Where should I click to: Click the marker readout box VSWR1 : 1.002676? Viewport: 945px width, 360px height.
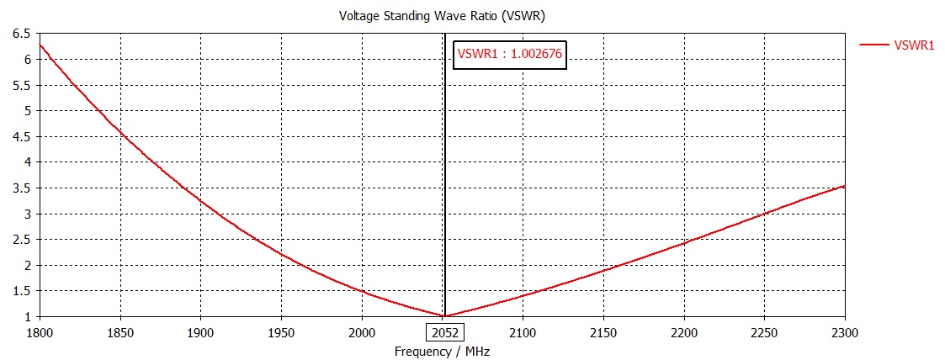(509, 55)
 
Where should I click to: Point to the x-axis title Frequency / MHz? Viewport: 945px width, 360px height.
(441, 351)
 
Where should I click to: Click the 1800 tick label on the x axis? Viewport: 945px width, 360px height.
(40, 331)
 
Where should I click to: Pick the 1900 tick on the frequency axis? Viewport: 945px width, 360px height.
(200, 331)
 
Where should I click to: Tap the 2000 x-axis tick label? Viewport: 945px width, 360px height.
(362, 331)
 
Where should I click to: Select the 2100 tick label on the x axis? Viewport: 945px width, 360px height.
(523, 331)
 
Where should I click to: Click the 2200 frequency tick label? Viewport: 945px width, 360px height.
(684, 331)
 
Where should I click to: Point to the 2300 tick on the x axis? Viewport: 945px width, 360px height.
(844, 331)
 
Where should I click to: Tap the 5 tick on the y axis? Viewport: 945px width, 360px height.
(28, 111)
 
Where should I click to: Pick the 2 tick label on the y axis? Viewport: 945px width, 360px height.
(28, 265)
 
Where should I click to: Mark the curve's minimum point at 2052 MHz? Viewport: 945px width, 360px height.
(445, 316)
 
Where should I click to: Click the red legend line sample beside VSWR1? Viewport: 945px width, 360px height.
(874, 45)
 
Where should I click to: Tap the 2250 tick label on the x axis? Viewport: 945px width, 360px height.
(764, 331)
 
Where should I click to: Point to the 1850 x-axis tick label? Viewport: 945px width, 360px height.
(120, 331)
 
